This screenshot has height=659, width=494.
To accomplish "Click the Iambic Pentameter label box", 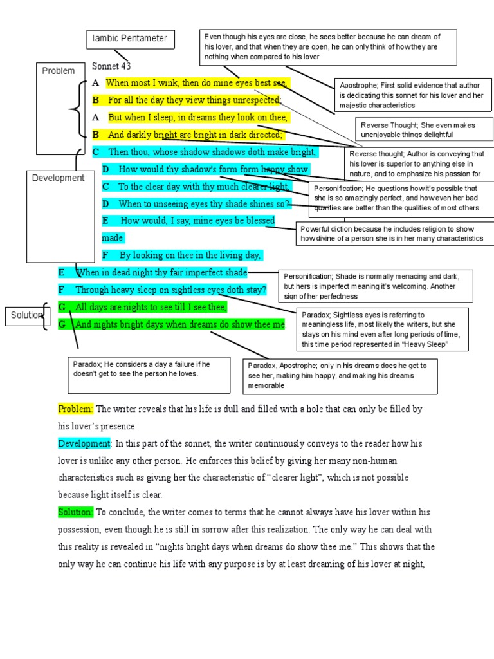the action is coord(130,39).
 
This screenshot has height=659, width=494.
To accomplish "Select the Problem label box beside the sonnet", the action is coord(59,71).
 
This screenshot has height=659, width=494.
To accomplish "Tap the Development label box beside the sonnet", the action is coord(58,178).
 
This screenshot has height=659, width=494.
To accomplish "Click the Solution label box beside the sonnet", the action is coord(26,315).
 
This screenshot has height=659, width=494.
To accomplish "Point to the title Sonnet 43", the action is coord(111,66).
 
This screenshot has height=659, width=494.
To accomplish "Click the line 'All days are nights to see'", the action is coord(151,307).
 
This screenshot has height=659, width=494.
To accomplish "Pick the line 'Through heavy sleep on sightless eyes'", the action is coord(170,290).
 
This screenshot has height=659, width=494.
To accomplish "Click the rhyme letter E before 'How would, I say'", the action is coord(105,221).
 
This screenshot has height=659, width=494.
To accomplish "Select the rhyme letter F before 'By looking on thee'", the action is coord(105,255).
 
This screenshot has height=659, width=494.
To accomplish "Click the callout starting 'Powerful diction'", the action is coord(395,233).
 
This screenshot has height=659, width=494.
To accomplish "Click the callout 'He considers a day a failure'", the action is coord(149,374).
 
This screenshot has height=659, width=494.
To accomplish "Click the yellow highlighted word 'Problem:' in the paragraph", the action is coord(76,409).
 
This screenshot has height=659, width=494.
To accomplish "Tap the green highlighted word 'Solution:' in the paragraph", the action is coord(76,512).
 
